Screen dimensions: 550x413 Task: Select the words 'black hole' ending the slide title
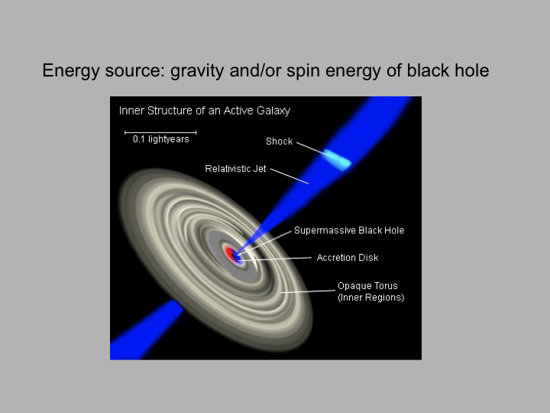[448, 70]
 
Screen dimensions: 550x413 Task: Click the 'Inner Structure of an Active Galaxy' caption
[205, 111]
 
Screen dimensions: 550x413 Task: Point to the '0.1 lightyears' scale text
[161, 139]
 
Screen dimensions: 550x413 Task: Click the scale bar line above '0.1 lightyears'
[160, 132]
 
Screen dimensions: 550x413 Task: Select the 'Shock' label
[280, 141]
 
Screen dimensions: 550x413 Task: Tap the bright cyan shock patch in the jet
[337, 160]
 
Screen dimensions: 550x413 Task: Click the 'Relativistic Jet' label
[235, 169]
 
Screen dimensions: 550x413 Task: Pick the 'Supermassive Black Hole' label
[349, 230]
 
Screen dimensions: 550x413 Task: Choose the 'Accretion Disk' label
[348, 258]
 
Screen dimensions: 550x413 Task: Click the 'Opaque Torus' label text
[367, 286]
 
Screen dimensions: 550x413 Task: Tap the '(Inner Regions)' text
[370, 298]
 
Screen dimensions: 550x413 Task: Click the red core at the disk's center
[230, 254]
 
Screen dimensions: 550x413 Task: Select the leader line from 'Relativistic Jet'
[290, 177]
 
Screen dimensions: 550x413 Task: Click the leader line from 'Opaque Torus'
[308, 291]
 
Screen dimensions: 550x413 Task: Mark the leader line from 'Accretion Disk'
[275, 259]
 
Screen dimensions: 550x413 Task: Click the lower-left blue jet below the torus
[146, 331]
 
